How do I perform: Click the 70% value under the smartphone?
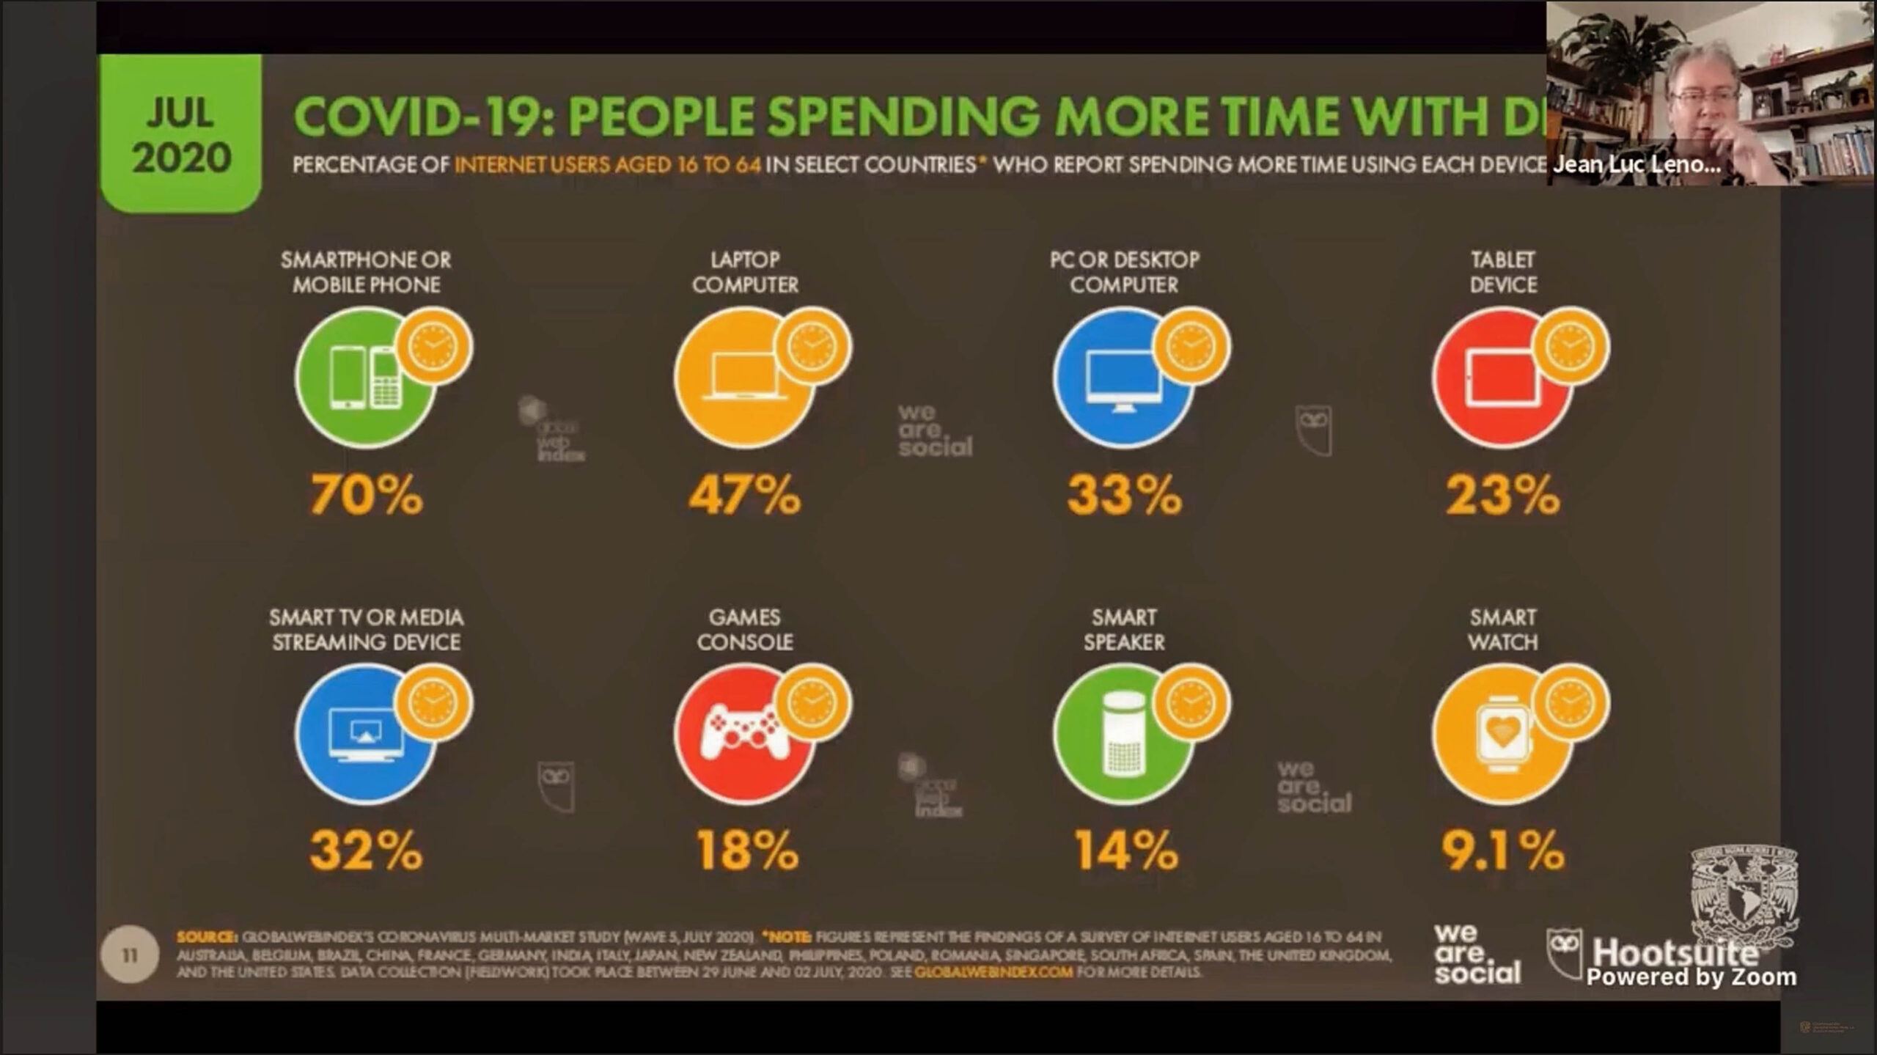point(367,495)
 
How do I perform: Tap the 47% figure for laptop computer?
point(745,495)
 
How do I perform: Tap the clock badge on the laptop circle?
point(812,346)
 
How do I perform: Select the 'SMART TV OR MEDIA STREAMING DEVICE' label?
point(366,630)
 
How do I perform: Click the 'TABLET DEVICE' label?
point(1503,272)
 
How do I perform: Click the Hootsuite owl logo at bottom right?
point(1563,953)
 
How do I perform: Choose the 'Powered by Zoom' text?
point(1691,977)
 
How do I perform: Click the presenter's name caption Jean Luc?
point(1635,164)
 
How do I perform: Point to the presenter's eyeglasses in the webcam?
point(1702,97)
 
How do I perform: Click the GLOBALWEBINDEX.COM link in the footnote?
point(993,972)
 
